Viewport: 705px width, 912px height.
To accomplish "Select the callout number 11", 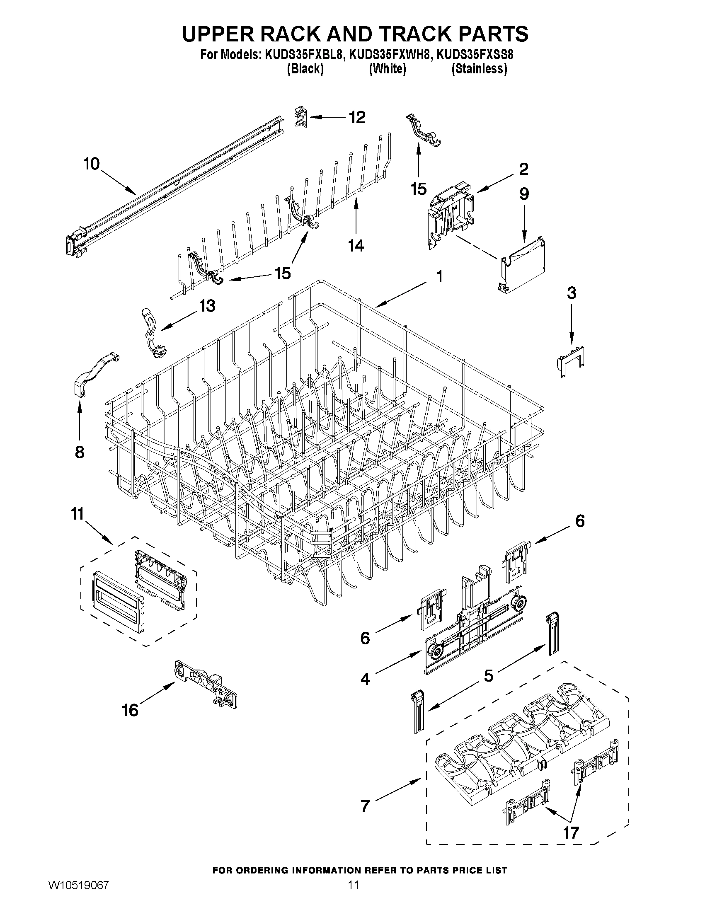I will coord(77,514).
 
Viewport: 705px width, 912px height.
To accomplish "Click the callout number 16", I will coord(130,710).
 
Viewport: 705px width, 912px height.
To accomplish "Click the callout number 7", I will coord(365,806).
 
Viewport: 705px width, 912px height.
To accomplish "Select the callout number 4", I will coord(365,680).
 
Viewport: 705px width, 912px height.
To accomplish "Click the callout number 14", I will coord(356,246).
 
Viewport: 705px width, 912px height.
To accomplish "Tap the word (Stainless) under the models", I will coord(479,69).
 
